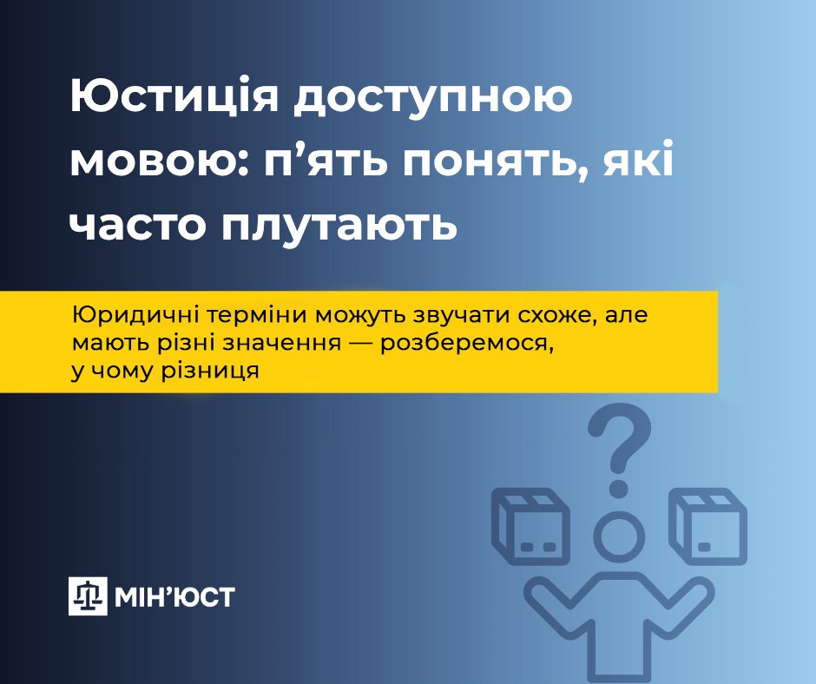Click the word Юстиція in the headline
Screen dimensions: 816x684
point(174,96)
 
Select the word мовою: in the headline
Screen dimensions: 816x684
point(161,162)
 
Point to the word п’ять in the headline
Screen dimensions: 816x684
point(326,161)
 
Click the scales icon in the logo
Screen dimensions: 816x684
point(88,596)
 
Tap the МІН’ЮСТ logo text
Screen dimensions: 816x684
point(174,596)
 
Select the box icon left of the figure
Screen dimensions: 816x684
point(530,526)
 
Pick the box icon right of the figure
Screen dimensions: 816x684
point(707,526)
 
